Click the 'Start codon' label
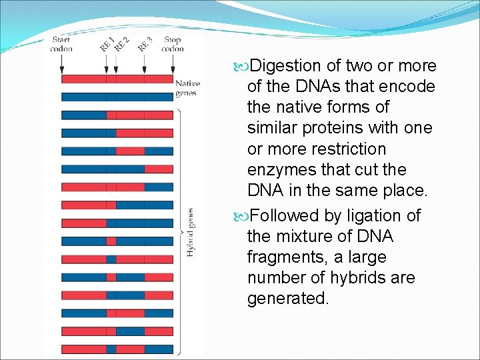[x=61, y=44]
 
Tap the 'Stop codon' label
[x=172, y=44]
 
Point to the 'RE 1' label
[x=107, y=44]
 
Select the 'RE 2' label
[x=121, y=44]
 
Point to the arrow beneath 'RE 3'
[x=145, y=64]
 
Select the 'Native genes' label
[x=187, y=89]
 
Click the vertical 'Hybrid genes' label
[x=190, y=232]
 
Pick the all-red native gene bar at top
[x=117, y=79]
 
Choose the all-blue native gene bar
[x=117, y=97]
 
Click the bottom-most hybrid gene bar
[x=117, y=349]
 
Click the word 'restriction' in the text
[x=349, y=148]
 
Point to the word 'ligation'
[x=377, y=215]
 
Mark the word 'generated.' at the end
[x=288, y=298]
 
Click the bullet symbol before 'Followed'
[x=240, y=216]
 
